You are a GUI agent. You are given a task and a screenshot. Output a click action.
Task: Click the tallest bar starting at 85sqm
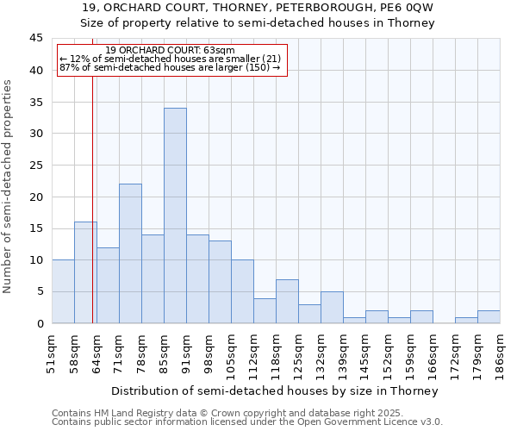tap(175, 215)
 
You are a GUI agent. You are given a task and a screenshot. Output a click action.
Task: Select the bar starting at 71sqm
tap(130, 253)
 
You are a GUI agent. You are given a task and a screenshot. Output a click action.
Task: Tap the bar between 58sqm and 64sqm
tap(85, 272)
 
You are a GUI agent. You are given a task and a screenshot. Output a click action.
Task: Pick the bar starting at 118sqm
tap(287, 301)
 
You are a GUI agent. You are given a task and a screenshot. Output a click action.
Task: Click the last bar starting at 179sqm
tap(489, 316)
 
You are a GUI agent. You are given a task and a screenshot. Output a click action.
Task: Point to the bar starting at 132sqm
tap(332, 308)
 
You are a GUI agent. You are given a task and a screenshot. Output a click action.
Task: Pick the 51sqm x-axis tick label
tap(52, 353)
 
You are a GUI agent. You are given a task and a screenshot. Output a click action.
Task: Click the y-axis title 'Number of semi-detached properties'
tap(9, 187)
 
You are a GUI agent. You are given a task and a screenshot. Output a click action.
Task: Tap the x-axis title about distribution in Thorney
tap(275, 390)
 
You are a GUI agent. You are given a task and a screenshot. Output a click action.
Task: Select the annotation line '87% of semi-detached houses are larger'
tap(170, 67)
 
